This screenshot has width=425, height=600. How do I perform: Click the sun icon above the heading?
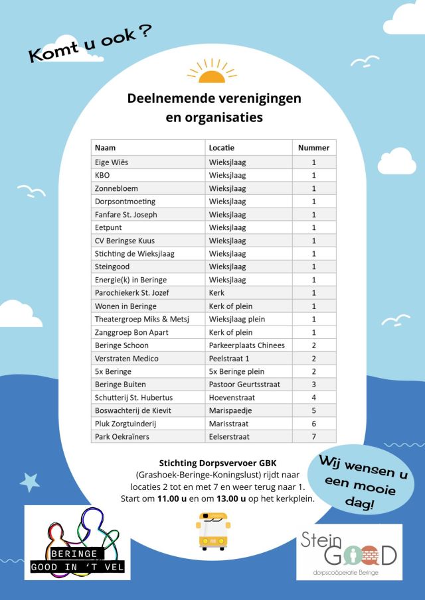pos(212,71)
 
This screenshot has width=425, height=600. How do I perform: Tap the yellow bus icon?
pos(212,531)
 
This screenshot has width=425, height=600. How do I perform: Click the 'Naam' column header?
pos(106,148)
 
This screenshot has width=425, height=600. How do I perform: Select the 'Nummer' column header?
pos(313,148)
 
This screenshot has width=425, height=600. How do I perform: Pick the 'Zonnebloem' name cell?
pos(116,188)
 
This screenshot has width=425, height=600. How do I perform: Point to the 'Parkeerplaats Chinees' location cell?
pos(246,345)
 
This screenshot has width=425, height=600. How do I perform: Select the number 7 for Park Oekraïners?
pos(313,437)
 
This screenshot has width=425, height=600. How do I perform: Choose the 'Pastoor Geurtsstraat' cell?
pos(245,385)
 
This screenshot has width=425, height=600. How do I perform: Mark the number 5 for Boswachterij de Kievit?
pos(313,410)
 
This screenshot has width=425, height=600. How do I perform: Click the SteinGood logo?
pos(349,552)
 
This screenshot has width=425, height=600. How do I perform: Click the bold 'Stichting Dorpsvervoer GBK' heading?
pos(212,463)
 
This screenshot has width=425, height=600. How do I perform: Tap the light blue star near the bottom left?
pos(30,483)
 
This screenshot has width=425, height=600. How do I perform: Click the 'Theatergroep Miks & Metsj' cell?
pos(142,319)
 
